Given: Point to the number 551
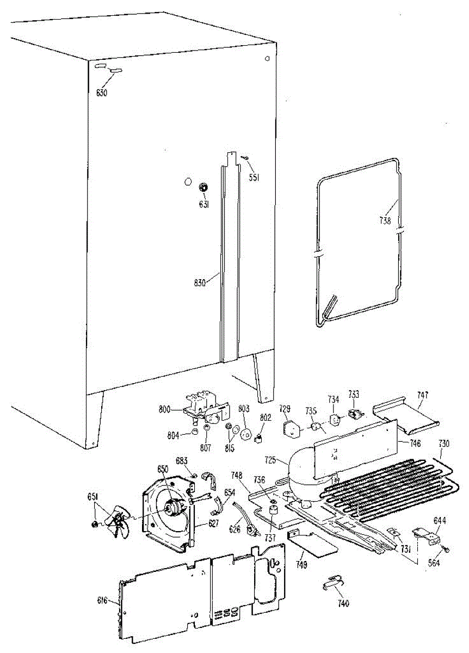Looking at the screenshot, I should [x=254, y=177].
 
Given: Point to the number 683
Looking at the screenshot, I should [x=181, y=460].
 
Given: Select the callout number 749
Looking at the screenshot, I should [x=301, y=565].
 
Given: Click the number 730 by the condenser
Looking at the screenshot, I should [x=445, y=443].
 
